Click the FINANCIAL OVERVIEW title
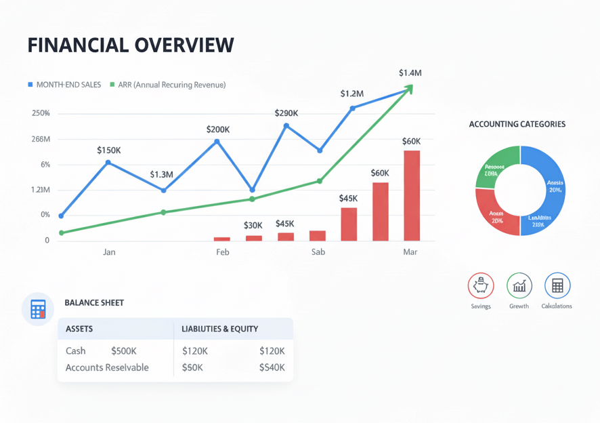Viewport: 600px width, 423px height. [x=131, y=45]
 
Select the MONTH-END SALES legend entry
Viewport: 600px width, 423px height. [x=64, y=85]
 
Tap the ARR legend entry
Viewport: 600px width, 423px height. [x=167, y=85]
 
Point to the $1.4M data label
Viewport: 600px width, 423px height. [x=410, y=73]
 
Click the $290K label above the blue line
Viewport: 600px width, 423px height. [x=286, y=113]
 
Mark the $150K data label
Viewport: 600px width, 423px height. [x=108, y=150]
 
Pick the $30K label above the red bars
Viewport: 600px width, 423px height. [x=253, y=225]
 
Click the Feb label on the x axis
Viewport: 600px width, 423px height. [x=222, y=252]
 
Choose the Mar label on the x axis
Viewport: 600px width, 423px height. [x=410, y=252]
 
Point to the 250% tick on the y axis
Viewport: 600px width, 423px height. [x=41, y=113]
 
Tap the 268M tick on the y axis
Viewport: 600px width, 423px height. [x=41, y=139]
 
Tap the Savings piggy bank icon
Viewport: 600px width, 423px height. [x=481, y=286]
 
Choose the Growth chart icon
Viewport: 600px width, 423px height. [x=519, y=286]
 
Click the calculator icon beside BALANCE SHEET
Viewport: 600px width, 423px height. [x=38, y=309]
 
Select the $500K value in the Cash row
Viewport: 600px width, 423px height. [x=124, y=351]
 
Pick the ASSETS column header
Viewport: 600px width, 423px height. [x=79, y=329]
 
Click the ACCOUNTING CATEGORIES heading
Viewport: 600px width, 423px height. [x=517, y=125]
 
